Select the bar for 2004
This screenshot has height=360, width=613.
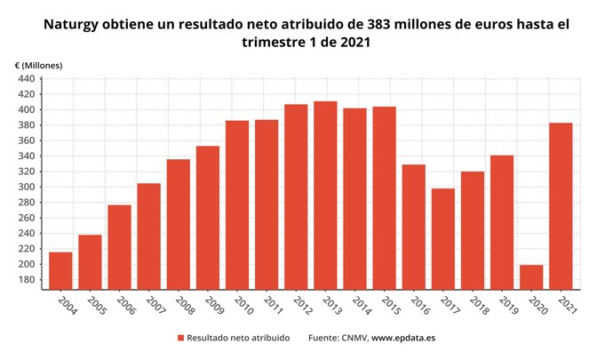pyautogui.click(x=60, y=270)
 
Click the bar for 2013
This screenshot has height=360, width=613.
pyautogui.click(x=325, y=195)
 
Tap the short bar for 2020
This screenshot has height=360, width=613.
pyautogui.click(x=531, y=276)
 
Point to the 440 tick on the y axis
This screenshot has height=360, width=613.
pyautogui.click(x=27, y=79)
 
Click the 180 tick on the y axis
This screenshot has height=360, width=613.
pyautogui.click(x=27, y=280)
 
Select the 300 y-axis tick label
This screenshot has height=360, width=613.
pyautogui.click(x=27, y=188)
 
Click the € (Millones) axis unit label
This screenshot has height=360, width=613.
pyautogui.click(x=39, y=66)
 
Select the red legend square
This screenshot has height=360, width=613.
pyautogui.click(x=180, y=338)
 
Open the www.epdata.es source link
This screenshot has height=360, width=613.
pyautogui.click(x=402, y=338)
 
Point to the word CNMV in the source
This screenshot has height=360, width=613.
pyautogui.click(x=352, y=338)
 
